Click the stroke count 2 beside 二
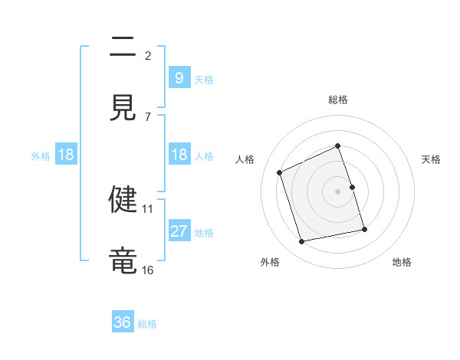tap(147, 55)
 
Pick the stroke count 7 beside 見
tap(147, 116)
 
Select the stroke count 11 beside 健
tap(148, 208)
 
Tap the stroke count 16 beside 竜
tap(148, 270)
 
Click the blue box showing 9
tap(179, 78)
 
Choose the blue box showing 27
tap(179, 231)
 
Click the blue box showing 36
tap(123, 322)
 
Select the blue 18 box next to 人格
tap(179, 155)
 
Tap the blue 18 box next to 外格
tap(66, 155)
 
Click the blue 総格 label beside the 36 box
tap(147, 324)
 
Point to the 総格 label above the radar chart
tap(338, 100)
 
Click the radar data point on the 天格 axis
tap(352, 187)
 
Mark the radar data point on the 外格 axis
tap(302, 242)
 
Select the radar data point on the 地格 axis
tap(364, 229)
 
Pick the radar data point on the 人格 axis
tap(280, 172)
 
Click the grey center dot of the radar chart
tap(338, 191)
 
